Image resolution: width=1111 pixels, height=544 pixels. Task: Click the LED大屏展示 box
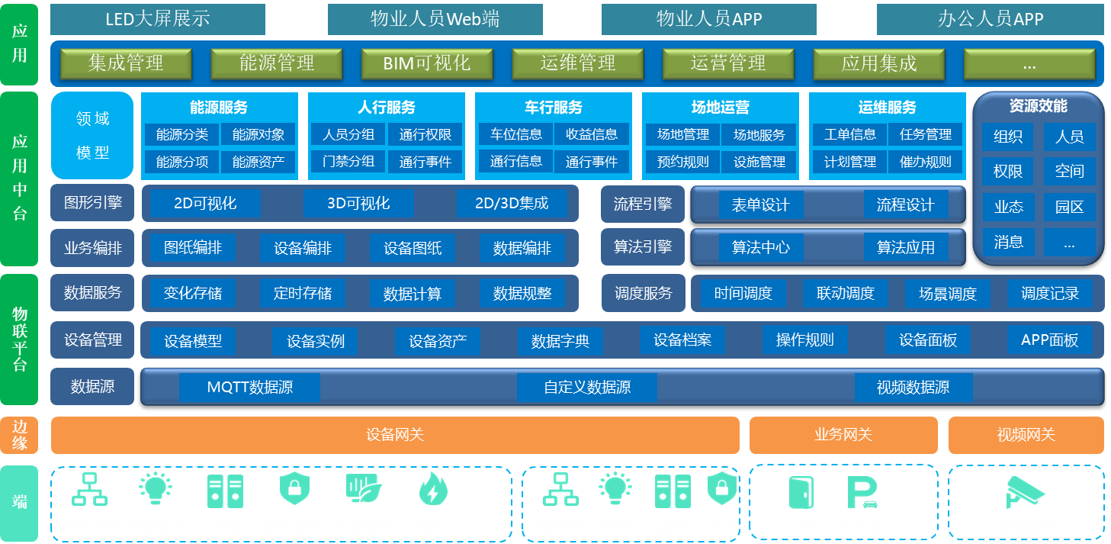pyautogui.click(x=158, y=19)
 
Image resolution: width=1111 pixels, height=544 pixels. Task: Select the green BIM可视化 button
pyautogui.click(x=427, y=63)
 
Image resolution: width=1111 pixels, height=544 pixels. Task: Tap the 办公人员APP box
pyautogui.click(x=990, y=19)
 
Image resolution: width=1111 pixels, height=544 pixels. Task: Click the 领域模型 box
pyautogui.click(x=93, y=136)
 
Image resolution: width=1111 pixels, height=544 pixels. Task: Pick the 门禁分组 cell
pyautogui.click(x=348, y=162)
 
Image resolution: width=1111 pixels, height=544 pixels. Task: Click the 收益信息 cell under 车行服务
pyautogui.click(x=592, y=134)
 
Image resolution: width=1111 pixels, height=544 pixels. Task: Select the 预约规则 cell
pyautogui.click(x=682, y=162)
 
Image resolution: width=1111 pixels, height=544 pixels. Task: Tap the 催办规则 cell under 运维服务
pyautogui.click(x=926, y=162)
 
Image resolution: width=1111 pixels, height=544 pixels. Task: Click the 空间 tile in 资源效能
pyautogui.click(x=1069, y=172)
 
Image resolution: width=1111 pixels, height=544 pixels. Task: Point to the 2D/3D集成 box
pyautogui.click(x=512, y=203)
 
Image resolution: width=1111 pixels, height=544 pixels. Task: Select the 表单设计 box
pyautogui.click(x=760, y=205)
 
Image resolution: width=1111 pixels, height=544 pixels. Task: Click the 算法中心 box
pyautogui.click(x=760, y=247)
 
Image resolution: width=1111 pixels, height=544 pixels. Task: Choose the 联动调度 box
pyautogui.click(x=845, y=293)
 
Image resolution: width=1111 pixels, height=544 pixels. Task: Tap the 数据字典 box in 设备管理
pyautogui.click(x=560, y=341)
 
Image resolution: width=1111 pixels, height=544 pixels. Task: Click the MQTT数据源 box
pyautogui.click(x=249, y=388)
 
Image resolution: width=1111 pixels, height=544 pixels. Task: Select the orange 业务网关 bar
pyautogui.click(x=843, y=435)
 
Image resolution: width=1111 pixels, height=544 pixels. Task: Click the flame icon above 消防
pyautogui.click(x=433, y=490)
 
